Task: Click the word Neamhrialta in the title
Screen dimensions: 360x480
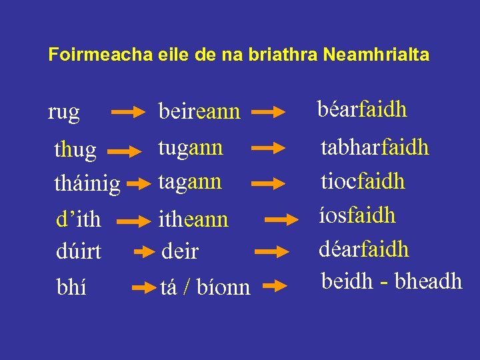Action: pos(376,55)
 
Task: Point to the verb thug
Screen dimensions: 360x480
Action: pos(75,150)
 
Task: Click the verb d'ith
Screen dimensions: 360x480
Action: pos(77,218)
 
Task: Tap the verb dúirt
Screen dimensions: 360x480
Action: pos(78,251)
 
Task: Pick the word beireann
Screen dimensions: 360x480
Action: pos(199,111)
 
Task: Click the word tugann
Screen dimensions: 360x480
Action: pos(190,148)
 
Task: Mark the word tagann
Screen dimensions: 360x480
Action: pos(189,181)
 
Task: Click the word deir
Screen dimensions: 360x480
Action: pos(181,251)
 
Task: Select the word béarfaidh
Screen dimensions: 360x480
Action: pos(362,109)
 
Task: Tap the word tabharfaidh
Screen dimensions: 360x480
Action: pos(375,147)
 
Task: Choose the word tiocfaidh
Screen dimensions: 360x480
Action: pos(363,181)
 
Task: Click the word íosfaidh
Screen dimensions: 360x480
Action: pos(358,215)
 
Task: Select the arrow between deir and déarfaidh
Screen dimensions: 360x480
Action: pos(273,252)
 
